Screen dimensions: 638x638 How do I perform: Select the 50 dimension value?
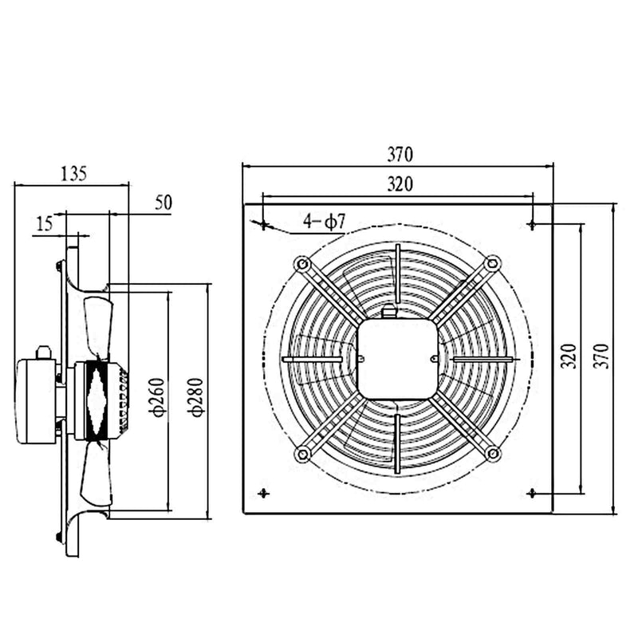163,203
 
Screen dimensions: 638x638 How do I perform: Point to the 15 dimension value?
45,224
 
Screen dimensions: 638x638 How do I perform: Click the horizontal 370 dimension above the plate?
399,154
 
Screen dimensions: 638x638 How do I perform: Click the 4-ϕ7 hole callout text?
325,222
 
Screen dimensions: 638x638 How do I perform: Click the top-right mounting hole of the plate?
532,225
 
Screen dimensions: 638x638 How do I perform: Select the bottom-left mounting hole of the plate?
263,493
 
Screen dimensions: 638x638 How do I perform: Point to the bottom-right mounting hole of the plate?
532,493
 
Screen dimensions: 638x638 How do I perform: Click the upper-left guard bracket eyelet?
301,263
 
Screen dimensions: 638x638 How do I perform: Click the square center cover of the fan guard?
397,359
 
